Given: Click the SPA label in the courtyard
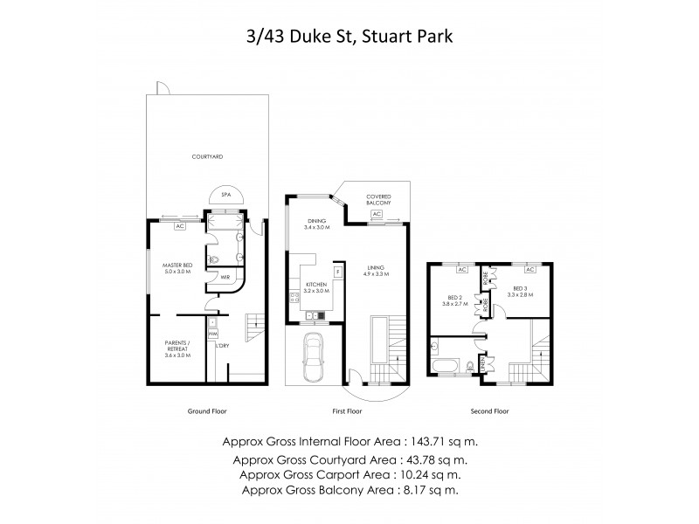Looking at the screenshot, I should coord(225,195).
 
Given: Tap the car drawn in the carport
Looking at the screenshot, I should coord(314,360).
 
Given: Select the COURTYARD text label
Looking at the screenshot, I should coord(208,157).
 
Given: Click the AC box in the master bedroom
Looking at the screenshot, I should coord(179,226).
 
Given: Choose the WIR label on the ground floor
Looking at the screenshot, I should coord(225,277).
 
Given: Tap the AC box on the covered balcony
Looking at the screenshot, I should coord(377,213).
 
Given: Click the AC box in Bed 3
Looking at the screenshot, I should coord(530,270).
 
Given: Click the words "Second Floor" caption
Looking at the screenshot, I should coord(489,410).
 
